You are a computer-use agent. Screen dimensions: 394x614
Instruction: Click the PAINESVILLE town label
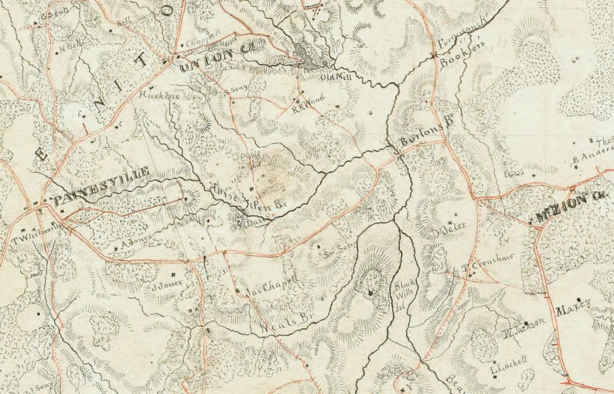click(x=100, y=200)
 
